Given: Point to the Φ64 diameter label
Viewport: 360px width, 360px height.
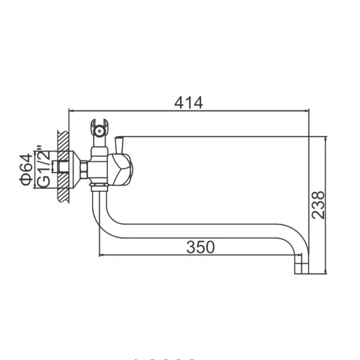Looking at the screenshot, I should pos(26,169).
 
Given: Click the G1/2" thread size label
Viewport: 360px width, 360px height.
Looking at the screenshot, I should pos(43,167).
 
